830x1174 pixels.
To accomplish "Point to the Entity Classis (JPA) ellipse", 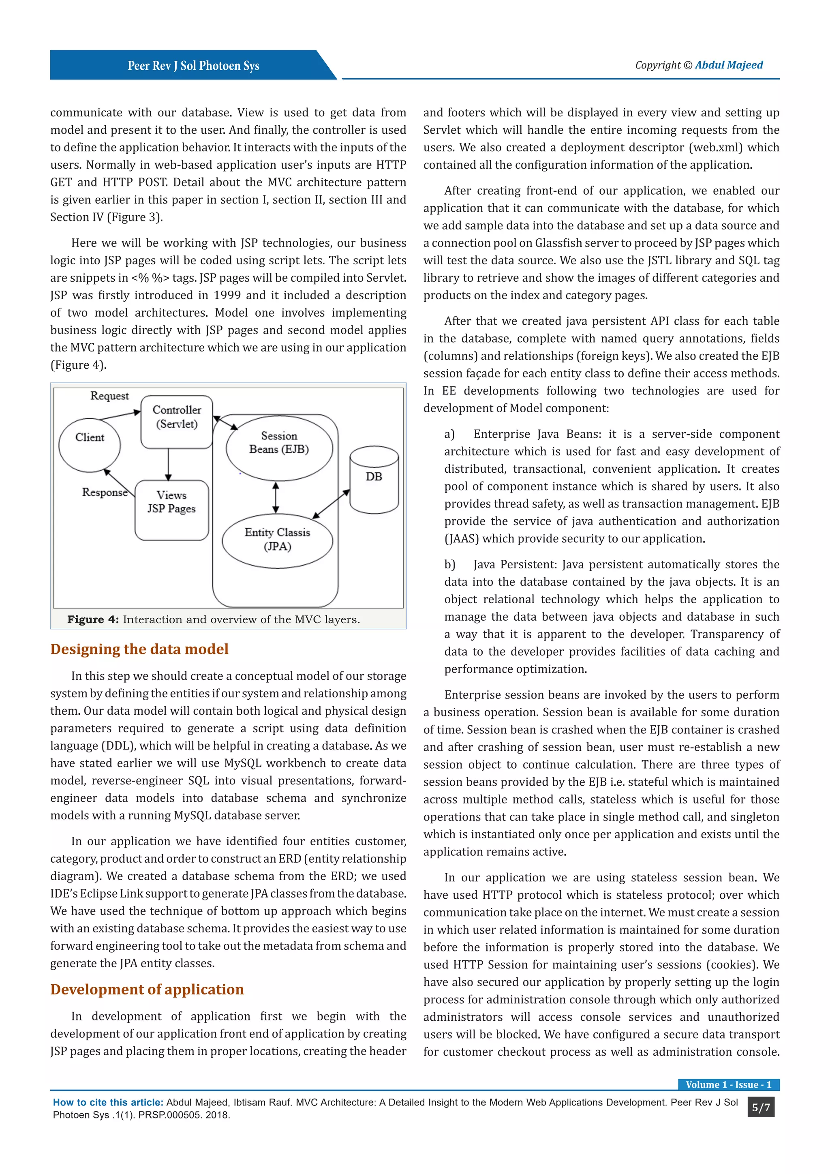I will (x=278, y=540).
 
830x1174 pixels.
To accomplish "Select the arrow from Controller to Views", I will (x=168, y=464).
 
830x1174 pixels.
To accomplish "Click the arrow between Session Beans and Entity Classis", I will (x=276, y=497).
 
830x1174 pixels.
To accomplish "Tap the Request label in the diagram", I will (x=109, y=396).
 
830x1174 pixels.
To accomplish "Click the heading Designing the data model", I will (x=139, y=649).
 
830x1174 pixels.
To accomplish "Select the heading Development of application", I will (x=147, y=990).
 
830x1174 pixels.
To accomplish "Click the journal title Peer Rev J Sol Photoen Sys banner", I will (x=193, y=65).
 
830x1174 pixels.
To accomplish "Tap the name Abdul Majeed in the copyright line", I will (x=728, y=65).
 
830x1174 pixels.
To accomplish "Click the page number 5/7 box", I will (x=760, y=1108).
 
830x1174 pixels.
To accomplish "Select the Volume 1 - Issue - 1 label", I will (x=728, y=1084).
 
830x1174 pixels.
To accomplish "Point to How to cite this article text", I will (x=108, y=1102).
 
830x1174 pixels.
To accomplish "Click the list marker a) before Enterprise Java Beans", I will (x=449, y=434).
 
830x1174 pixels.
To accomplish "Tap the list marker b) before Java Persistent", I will (x=449, y=565).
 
